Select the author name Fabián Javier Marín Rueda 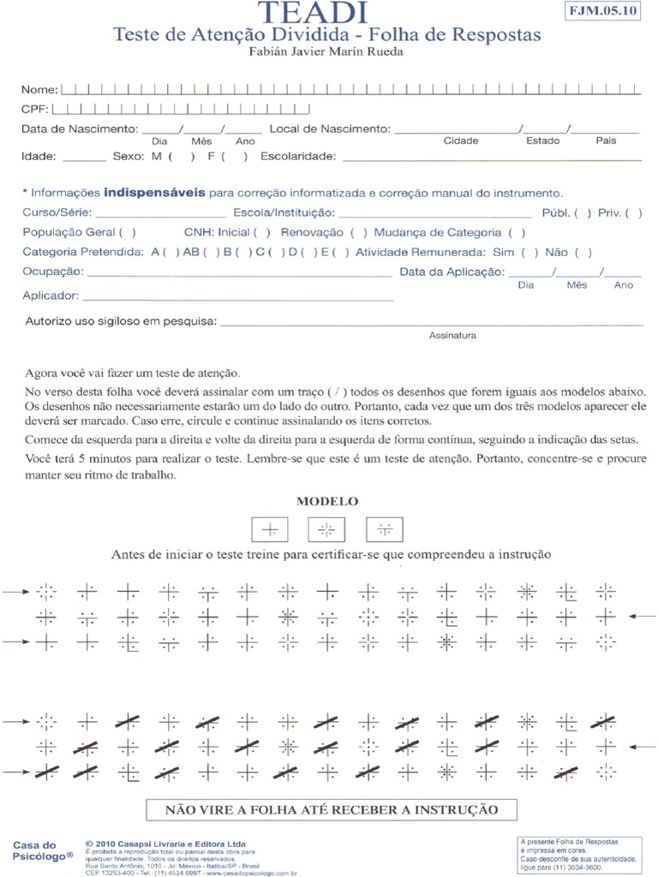(326, 51)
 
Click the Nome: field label (39, 89)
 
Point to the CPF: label (34, 110)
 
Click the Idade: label (39, 157)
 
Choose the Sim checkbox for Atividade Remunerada (529, 252)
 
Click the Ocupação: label (53, 271)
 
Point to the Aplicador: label (51, 295)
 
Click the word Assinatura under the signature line (452, 336)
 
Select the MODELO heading (327, 501)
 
